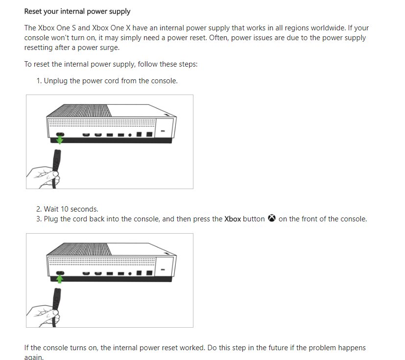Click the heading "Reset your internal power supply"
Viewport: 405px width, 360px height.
pos(77,11)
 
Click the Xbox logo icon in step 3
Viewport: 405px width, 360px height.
pos(272,218)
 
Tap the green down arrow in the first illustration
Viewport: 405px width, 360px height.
pos(60,141)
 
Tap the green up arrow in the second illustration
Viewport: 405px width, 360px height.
pos(60,279)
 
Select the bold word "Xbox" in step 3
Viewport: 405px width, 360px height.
pos(233,219)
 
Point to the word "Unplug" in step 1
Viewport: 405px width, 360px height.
pos(56,81)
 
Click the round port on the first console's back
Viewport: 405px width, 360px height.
pos(129,134)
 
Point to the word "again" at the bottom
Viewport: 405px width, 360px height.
pos(34,357)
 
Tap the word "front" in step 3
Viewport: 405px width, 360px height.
pos(314,219)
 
